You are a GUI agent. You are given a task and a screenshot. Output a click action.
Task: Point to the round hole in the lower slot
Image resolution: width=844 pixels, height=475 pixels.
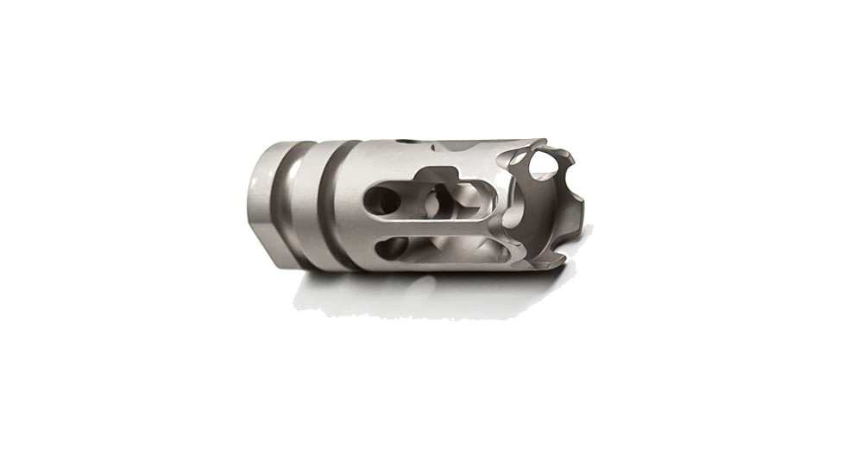(x=390, y=248)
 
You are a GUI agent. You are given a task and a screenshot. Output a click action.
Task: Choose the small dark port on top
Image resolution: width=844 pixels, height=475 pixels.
(x=406, y=138)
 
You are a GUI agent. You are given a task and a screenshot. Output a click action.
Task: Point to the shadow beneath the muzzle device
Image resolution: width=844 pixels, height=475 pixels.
(x=431, y=294)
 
